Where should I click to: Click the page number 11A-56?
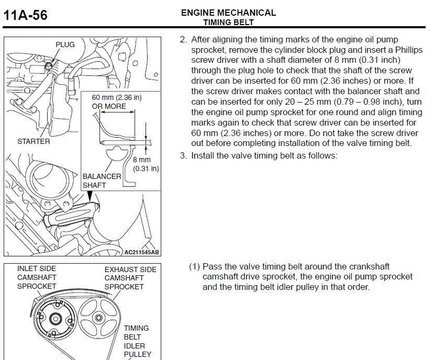tap(25, 16)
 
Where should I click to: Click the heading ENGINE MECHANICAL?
tap(228, 13)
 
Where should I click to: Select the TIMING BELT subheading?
tap(228, 22)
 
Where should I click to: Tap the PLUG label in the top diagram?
tap(65, 44)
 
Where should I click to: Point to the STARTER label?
tap(34, 141)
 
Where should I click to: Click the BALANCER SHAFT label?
tap(101, 181)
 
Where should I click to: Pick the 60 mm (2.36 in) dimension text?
tap(116, 97)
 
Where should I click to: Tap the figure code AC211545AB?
tap(141, 252)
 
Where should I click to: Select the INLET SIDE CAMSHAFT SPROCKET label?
tap(37, 278)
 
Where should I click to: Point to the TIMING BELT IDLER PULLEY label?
tap(137, 341)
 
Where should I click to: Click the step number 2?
tap(183, 40)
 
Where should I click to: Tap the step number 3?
tap(183, 156)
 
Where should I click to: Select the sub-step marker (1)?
tap(194, 267)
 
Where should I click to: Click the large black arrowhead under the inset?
tap(90, 195)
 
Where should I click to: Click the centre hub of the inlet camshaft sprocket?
tap(55, 319)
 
